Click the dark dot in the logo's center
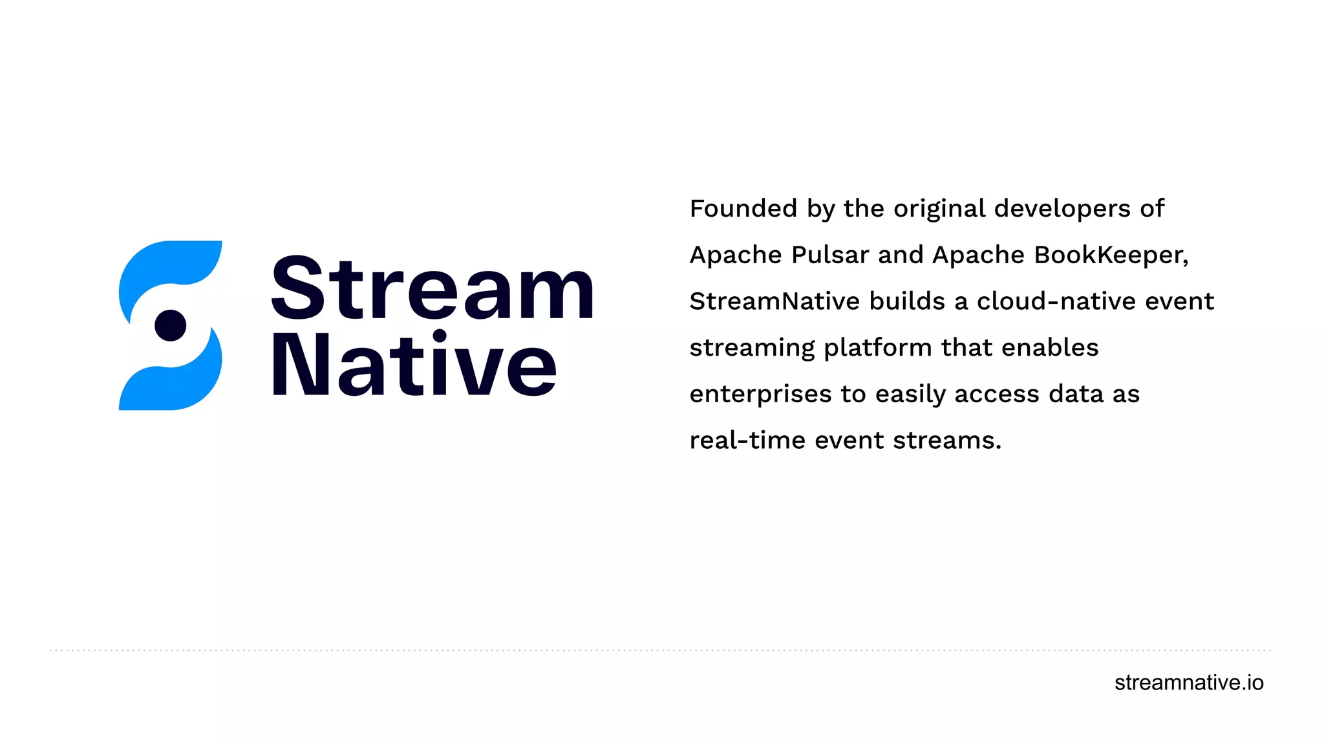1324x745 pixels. coord(171,325)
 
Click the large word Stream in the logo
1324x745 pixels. coord(432,288)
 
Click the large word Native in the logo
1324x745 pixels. coord(414,365)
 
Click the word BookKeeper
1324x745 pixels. coord(1111,255)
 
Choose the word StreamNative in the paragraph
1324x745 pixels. coord(774,301)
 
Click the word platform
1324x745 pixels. coord(877,349)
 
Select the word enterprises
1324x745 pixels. coord(760,394)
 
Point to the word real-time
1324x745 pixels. coord(747,441)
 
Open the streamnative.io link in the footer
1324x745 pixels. coord(1188,683)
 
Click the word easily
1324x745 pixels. coord(911,394)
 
